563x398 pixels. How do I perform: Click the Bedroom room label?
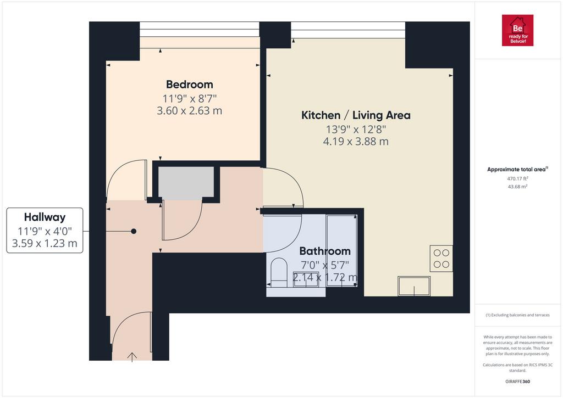click(x=190, y=85)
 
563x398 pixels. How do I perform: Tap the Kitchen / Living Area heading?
click(x=356, y=115)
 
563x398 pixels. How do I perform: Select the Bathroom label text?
click(x=325, y=251)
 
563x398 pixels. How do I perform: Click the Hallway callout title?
click(x=45, y=217)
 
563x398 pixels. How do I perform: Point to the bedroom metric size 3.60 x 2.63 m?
click(x=190, y=111)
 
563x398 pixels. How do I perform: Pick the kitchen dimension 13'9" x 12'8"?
click(x=356, y=129)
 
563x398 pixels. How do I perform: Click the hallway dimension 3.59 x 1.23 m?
click(x=45, y=243)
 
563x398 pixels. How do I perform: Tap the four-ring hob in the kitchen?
click(x=441, y=259)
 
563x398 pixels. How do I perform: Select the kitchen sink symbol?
click(x=414, y=286)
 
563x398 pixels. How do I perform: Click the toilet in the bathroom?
click(x=279, y=273)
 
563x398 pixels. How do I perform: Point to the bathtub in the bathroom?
click(x=341, y=250)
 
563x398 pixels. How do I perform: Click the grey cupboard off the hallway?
click(x=186, y=183)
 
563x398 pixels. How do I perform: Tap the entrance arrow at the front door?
click(x=132, y=357)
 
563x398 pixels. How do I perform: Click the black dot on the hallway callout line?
click(x=134, y=231)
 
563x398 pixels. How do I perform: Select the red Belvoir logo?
click(x=517, y=31)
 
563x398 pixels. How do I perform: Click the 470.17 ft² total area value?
click(x=517, y=178)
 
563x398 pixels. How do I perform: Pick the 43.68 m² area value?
click(x=517, y=187)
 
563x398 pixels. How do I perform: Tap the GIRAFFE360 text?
click(x=517, y=382)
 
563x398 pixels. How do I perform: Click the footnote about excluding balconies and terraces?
click(x=517, y=315)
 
